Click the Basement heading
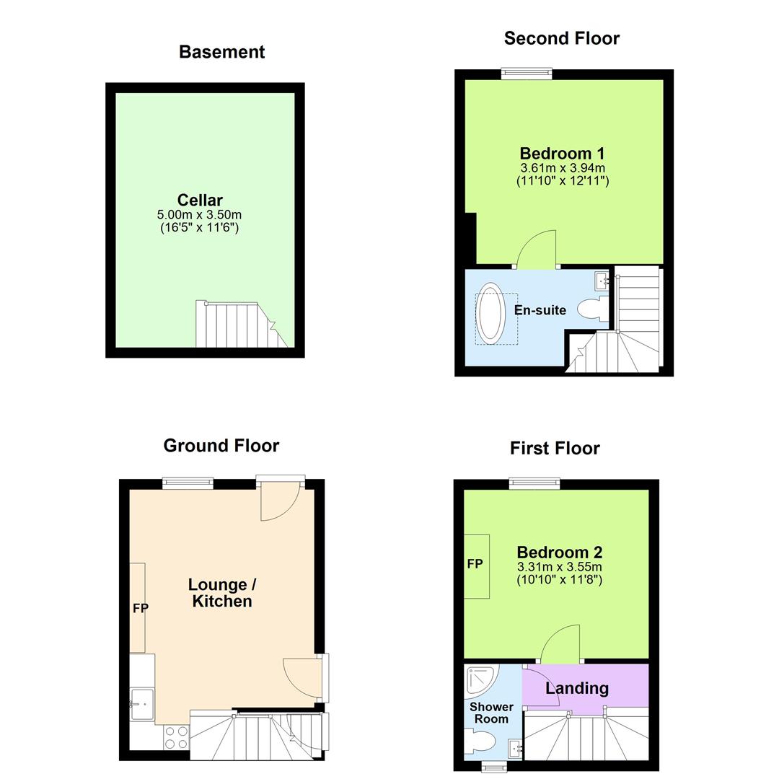(221, 52)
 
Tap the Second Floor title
(561, 38)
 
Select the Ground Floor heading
(221, 446)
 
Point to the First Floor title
(555, 448)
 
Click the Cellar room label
(200, 200)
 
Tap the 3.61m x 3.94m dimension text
(563, 168)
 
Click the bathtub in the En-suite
(492, 312)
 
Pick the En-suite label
(540, 310)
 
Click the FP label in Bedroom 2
(475, 564)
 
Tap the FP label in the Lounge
(140, 609)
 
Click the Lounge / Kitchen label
(222, 593)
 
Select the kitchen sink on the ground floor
(141, 701)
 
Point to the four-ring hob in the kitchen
(177, 738)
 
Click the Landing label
(576, 688)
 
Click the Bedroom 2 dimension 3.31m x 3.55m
(560, 567)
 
